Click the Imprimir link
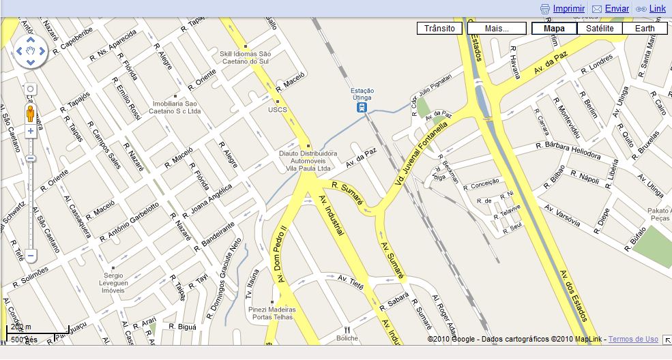coord(568,9)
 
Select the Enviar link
coord(617,9)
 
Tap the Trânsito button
coord(439,28)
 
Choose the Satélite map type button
coord(599,28)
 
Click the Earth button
coord(644,28)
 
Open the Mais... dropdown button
coord(497,28)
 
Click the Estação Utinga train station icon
coord(362,106)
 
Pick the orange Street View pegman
coord(31,113)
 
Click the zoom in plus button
coord(31,130)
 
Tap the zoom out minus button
coord(31,256)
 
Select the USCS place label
coord(278,109)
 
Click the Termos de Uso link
coord(633,339)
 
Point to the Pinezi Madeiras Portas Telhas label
coord(273,314)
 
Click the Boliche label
coord(347,338)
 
